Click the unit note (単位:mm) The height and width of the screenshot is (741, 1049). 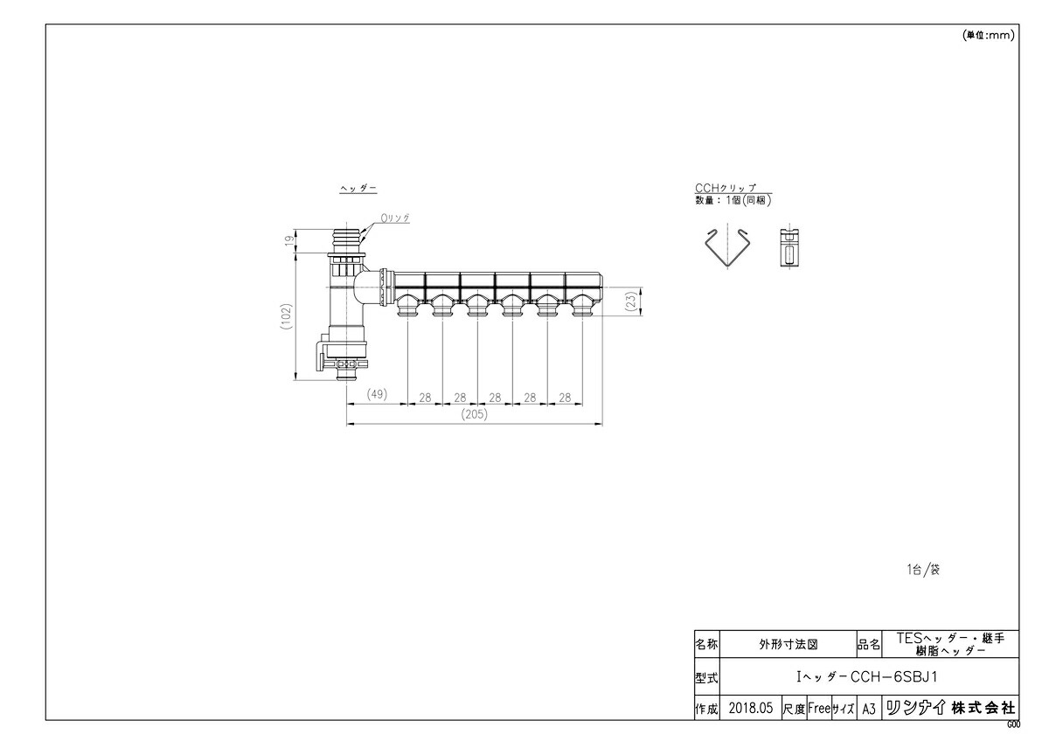(x=988, y=36)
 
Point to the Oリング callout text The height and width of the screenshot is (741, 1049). (x=394, y=217)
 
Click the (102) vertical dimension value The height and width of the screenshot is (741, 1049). (x=286, y=315)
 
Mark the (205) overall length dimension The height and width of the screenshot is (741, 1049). (x=475, y=415)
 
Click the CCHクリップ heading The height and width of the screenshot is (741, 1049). (x=725, y=188)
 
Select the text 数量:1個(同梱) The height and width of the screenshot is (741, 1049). (x=733, y=200)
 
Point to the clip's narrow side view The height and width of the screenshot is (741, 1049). (x=789, y=249)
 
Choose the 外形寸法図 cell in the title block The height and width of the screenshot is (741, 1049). (x=788, y=646)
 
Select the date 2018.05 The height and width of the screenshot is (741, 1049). (x=751, y=709)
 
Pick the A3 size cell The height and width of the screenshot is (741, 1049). (x=868, y=709)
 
